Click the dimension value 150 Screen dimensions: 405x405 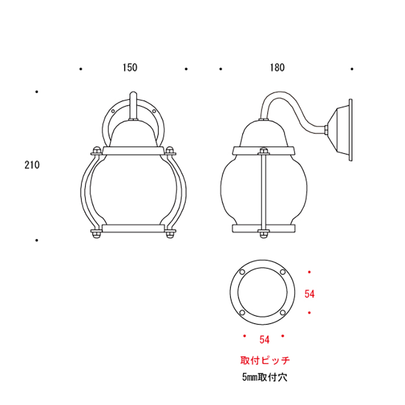coord(130,67)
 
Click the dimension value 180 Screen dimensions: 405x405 coord(277,67)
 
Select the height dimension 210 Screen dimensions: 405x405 coord(32,165)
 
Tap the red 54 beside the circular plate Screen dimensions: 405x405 coord(310,293)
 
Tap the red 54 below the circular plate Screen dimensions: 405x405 coord(264,339)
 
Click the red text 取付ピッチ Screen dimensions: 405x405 coord(265,360)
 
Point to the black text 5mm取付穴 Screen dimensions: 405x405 coord(265,377)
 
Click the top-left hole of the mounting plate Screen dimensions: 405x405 coord(242,273)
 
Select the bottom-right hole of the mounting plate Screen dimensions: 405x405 coord(282,313)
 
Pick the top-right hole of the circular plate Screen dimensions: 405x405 coord(282,273)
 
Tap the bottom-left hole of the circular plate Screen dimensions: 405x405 coord(242,313)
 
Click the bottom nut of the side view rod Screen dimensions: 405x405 coord(263,233)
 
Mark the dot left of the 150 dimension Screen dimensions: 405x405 coord(80,68)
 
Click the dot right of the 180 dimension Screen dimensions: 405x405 coord(351,68)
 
